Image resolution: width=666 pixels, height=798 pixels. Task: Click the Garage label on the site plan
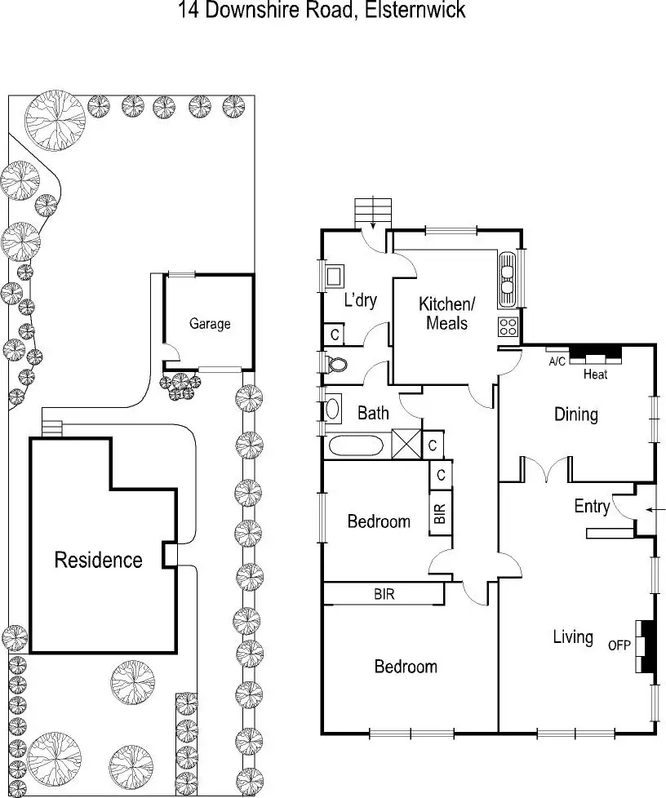[210, 324]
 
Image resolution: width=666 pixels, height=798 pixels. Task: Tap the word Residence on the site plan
[98, 560]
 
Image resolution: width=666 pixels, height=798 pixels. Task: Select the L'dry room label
[361, 299]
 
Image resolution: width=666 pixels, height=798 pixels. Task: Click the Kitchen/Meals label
[446, 313]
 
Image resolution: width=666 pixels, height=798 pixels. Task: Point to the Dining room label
[576, 415]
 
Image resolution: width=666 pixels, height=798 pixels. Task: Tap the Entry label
[592, 507]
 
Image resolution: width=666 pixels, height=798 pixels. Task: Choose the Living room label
[573, 636]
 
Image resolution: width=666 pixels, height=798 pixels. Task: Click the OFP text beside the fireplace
[619, 645]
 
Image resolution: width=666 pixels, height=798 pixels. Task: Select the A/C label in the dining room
[557, 361]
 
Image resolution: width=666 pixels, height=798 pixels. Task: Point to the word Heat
[595, 375]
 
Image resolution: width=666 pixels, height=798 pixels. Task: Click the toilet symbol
[335, 364]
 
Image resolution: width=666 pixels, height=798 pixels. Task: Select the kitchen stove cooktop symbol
[508, 326]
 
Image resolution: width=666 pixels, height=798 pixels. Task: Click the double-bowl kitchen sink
[507, 279]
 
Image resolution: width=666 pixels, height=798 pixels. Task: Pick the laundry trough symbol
[334, 277]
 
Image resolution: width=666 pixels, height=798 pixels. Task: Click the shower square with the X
[406, 445]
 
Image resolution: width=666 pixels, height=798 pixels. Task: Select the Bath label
[373, 413]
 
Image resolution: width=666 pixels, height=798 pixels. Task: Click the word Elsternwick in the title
[414, 10]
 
